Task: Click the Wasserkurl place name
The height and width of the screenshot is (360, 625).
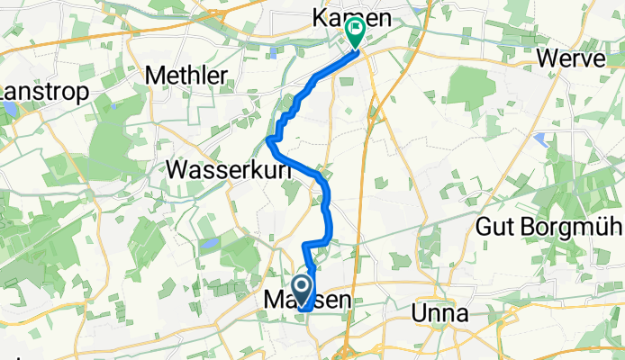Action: tap(220, 167)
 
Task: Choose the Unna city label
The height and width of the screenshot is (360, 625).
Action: tap(439, 314)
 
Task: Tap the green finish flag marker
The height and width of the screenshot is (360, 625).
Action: tap(355, 32)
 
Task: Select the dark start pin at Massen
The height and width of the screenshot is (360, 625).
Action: tap(303, 291)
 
